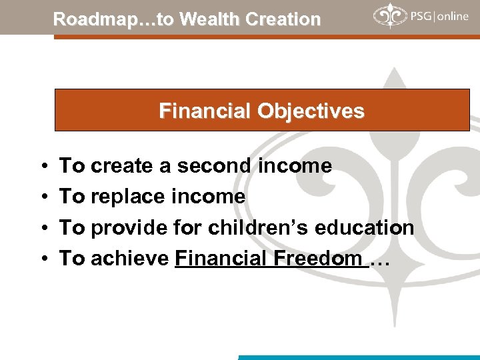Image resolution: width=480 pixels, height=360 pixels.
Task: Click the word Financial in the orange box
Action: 203,111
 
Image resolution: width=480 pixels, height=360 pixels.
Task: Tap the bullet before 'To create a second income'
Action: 42,166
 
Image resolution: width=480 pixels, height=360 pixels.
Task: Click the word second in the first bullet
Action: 213,165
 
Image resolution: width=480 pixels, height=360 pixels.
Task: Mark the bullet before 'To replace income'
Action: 42,197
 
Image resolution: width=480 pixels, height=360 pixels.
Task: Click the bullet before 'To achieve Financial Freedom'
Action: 42,259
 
